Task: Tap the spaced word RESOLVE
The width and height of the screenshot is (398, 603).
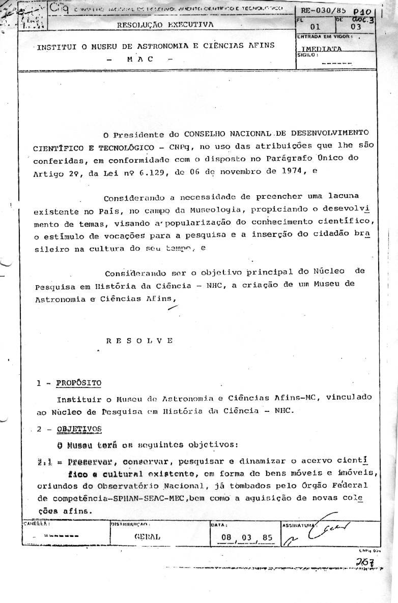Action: (140, 341)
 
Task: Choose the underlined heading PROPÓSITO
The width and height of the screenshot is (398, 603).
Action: (79, 383)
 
